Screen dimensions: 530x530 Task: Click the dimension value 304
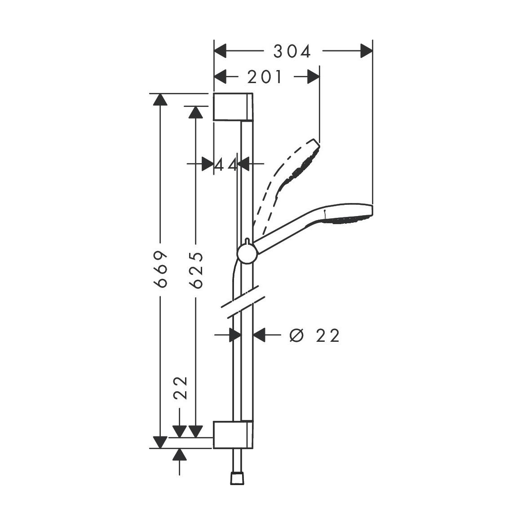(x=292, y=52)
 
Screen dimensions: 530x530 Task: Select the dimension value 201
(x=265, y=78)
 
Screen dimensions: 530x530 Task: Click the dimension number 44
(x=225, y=165)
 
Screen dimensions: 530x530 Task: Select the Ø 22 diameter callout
(x=314, y=335)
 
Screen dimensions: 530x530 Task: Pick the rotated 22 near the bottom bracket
(x=180, y=388)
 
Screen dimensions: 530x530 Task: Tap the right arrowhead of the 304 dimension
(x=367, y=51)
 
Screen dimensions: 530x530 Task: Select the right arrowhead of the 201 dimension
(x=313, y=77)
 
